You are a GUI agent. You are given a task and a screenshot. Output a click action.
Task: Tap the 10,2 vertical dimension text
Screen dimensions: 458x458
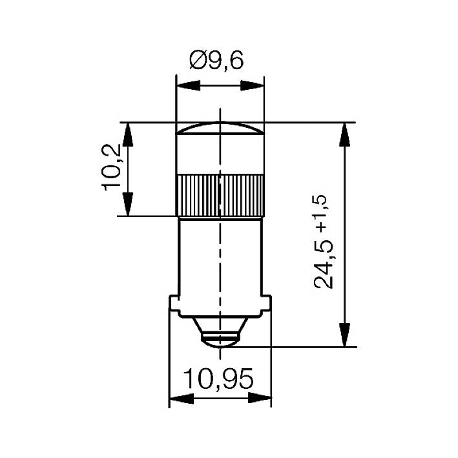[111, 167]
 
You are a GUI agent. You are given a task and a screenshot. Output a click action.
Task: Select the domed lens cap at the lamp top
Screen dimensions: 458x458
[220, 129]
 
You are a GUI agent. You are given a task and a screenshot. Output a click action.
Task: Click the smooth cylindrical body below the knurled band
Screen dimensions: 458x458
[220, 258]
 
